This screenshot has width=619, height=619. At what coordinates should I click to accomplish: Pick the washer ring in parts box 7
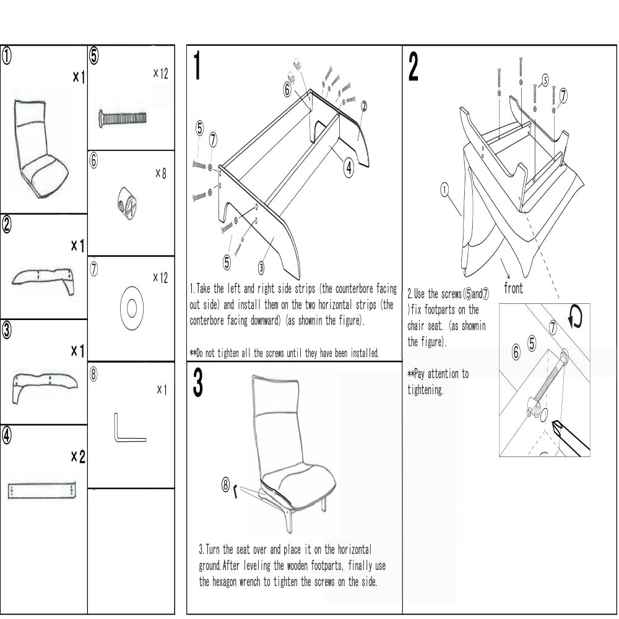[131, 307]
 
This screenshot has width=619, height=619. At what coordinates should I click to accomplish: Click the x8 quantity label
[160, 174]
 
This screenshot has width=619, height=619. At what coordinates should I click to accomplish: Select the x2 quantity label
[77, 457]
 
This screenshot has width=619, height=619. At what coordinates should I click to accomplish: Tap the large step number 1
[197, 67]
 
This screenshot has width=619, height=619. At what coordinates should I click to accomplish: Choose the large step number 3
[197, 384]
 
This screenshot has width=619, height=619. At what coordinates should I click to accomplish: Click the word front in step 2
[514, 288]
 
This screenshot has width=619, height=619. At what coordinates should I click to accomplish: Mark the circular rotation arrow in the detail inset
[575, 318]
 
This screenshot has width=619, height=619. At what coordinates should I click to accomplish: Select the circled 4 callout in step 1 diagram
[348, 166]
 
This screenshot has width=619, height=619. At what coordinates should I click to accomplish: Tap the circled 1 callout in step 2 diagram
[444, 189]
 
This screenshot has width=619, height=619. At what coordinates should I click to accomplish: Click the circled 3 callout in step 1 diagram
[261, 268]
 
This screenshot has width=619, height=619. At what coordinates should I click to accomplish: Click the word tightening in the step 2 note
[425, 391]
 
